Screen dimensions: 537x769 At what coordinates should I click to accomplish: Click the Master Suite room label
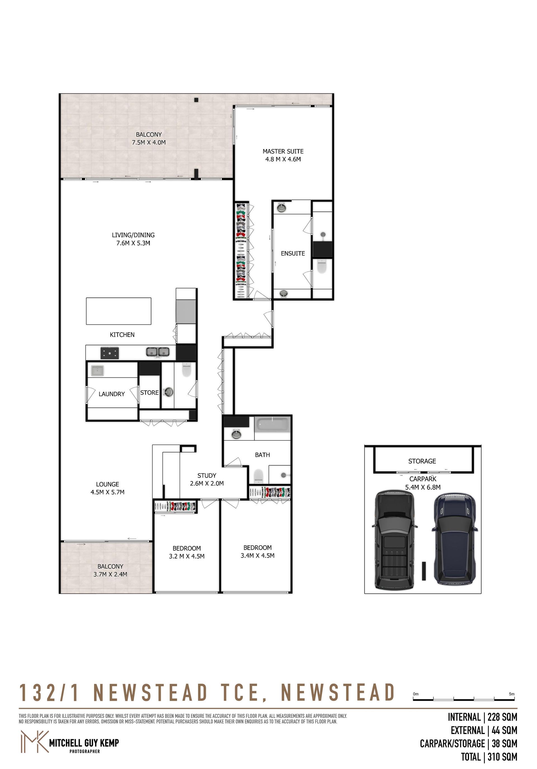pyautogui.click(x=283, y=151)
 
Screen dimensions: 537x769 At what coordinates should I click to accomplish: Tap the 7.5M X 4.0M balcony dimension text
pyautogui.click(x=149, y=142)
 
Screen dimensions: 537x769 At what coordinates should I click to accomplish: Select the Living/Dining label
pyautogui.click(x=133, y=235)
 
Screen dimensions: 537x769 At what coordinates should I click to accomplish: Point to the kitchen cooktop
pyautogui.click(x=110, y=352)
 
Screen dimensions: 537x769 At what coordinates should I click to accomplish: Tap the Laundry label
pyautogui.click(x=112, y=394)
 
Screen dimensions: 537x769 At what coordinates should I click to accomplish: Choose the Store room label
pyautogui.click(x=149, y=393)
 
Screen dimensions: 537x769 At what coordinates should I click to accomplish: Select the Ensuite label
pyautogui.click(x=293, y=254)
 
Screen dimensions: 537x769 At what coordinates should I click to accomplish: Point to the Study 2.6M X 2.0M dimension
pyautogui.click(x=207, y=483)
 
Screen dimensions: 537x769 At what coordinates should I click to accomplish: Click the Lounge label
pyautogui.click(x=107, y=484)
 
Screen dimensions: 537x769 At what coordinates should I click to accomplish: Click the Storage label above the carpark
pyautogui.click(x=422, y=461)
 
